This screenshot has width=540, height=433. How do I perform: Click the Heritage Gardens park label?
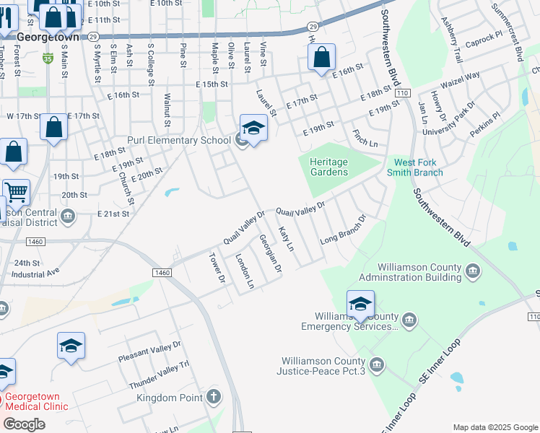coord(328,167)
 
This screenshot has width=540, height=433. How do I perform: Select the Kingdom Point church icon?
coord(214,396)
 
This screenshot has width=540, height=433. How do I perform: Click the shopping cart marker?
coord(16,193)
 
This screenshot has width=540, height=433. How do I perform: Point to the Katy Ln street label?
coord(287,238)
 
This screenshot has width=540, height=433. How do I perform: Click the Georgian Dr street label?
coord(271,254)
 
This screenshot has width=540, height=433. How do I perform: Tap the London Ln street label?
coord(246,272)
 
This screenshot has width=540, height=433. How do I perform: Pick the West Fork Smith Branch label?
coord(419,167)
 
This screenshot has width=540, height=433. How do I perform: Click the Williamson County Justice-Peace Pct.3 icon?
coord(376,363)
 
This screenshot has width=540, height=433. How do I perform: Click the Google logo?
coord(24,424)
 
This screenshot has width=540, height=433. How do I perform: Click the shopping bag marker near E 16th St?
coord(321,57)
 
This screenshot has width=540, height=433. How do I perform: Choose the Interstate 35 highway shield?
coord(48,56)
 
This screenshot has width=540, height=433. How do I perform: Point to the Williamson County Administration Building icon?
coord(473,271)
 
